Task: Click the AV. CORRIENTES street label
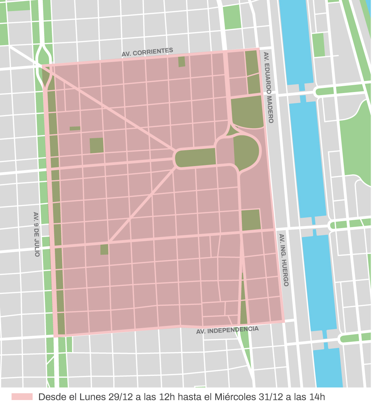point(147,52)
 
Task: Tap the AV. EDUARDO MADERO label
point(268,88)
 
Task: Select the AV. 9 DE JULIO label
point(37,234)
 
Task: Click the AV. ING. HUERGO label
point(283,260)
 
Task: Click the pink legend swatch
point(22,397)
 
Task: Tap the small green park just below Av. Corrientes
point(182,62)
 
